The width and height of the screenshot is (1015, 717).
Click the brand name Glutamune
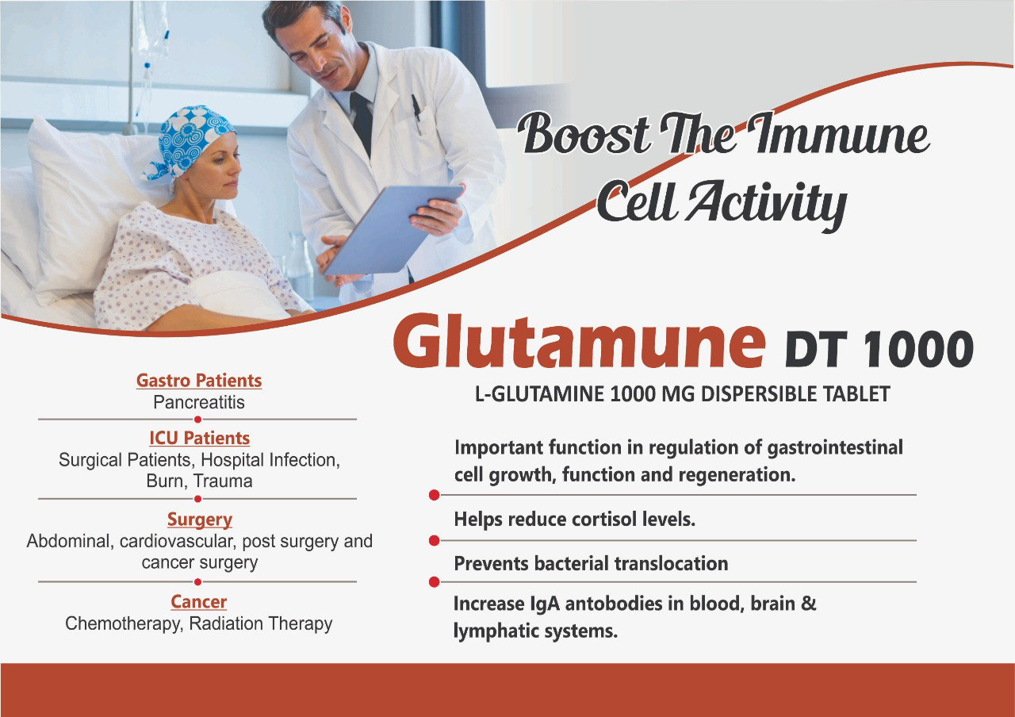(x=579, y=341)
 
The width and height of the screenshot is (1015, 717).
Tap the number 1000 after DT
(x=918, y=348)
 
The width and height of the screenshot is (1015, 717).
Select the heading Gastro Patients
(x=199, y=381)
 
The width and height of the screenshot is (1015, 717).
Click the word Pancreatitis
(x=199, y=402)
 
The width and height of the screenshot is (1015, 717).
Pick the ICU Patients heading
(x=199, y=439)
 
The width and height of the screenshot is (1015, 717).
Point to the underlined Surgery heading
(x=199, y=520)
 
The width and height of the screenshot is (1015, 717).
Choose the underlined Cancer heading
(x=198, y=602)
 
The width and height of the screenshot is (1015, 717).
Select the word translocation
(x=677, y=564)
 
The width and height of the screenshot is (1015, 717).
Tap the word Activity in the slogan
(x=768, y=203)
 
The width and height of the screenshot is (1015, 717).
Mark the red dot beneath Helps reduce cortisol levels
(x=434, y=540)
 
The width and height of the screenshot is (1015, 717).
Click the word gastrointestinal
(x=835, y=448)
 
